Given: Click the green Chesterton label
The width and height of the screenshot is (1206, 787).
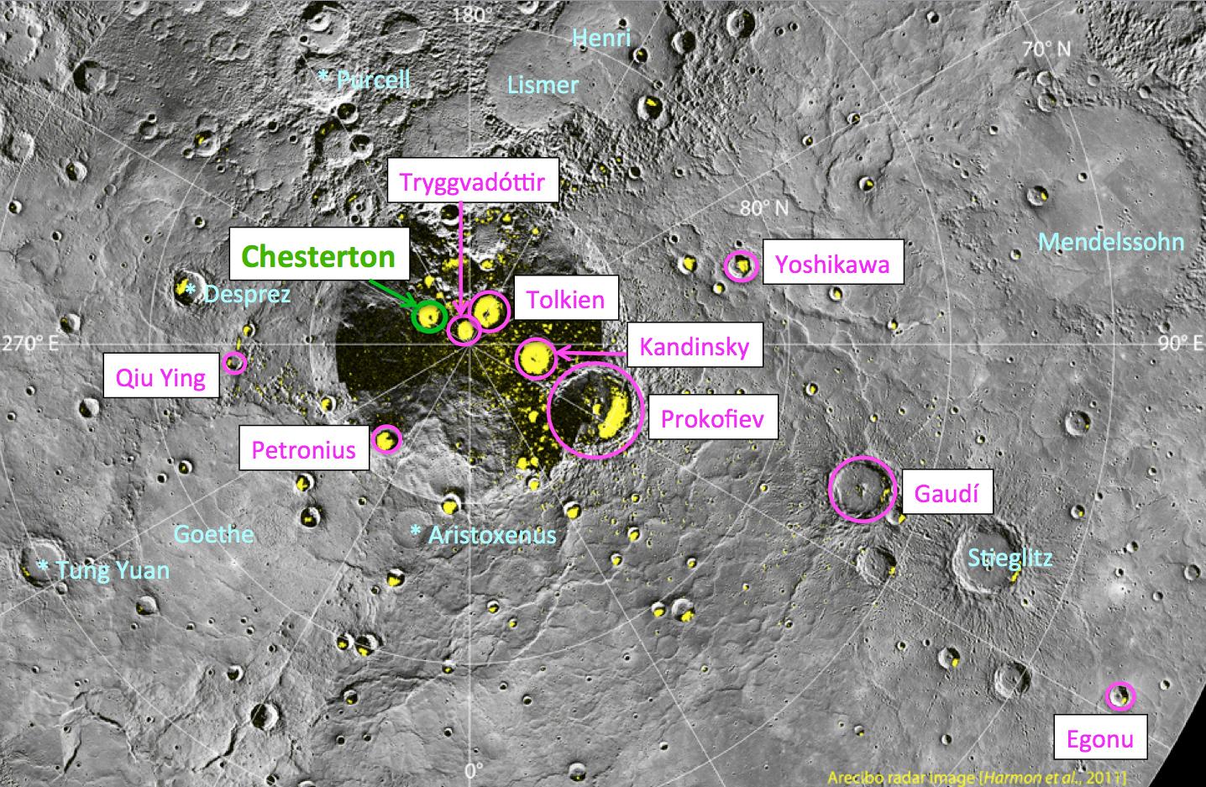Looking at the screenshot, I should tap(318, 255).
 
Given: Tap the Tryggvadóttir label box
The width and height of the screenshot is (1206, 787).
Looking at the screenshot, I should tap(472, 183).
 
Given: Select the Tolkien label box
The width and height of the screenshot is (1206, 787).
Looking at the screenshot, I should tap(566, 299).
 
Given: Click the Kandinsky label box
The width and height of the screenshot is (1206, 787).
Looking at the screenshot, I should tap(694, 346).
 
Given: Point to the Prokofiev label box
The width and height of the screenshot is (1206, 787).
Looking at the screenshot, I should tap(712, 418).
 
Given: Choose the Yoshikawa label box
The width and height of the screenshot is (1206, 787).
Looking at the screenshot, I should tap(832, 265).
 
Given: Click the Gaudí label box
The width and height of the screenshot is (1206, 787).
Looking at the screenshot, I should tap(946, 493).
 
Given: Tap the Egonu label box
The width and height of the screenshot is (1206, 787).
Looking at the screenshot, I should tap(1099, 739).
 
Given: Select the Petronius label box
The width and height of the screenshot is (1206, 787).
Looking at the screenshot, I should tap(304, 449).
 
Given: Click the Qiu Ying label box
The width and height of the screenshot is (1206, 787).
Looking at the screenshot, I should tap(160, 377).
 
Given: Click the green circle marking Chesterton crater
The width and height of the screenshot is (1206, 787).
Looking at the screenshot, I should tap(430, 316).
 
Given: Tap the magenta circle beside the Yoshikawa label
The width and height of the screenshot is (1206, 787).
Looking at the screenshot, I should tap(741, 266).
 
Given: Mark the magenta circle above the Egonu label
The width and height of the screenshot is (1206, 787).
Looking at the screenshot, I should tap(1119, 695).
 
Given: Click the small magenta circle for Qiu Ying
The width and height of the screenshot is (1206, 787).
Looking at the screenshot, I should tap(234, 363).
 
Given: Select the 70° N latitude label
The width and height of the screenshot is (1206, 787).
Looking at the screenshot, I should tap(1046, 49).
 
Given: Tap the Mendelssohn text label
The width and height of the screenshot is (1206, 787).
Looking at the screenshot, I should tap(1110, 242).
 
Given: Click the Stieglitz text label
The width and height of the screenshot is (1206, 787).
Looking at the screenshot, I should tap(1009, 558).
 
